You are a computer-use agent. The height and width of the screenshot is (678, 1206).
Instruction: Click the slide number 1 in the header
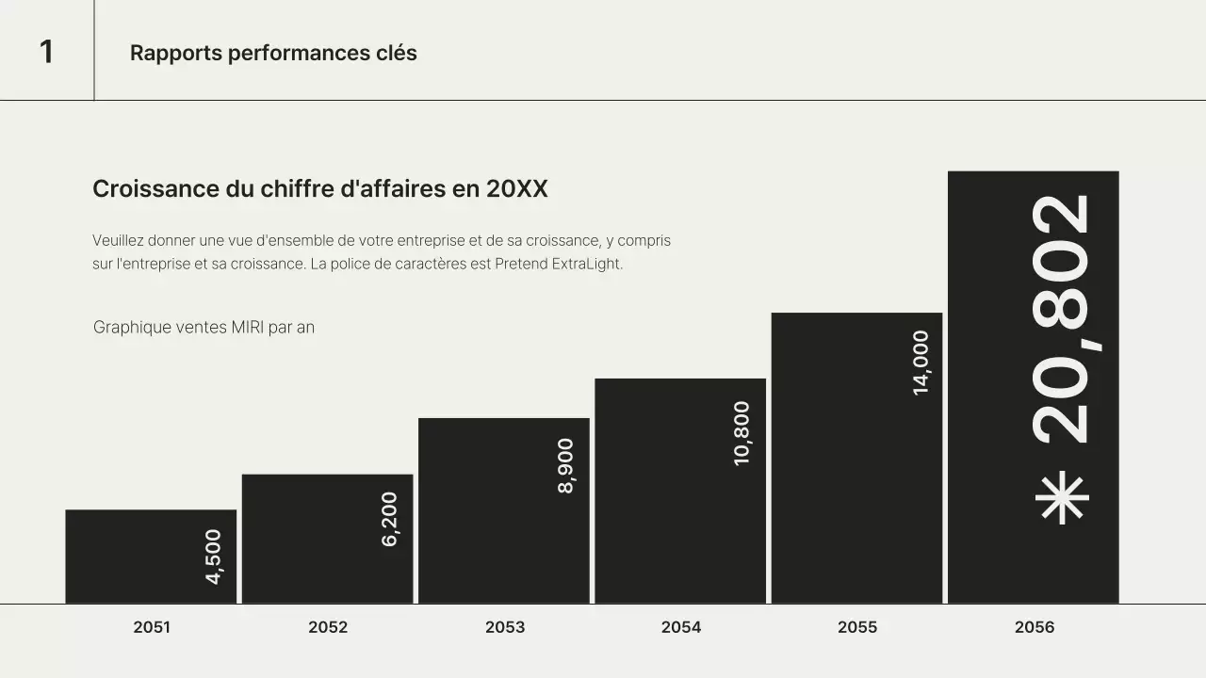click(x=46, y=52)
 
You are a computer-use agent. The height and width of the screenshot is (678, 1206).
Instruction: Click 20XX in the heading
click(x=516, y=189)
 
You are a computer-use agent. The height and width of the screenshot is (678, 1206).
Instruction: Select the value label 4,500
click(x=214, y=557)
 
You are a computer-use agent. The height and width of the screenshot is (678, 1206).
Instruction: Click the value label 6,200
click(x=390, y=519)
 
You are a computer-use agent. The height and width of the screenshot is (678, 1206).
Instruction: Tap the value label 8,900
click(x=566, y=466)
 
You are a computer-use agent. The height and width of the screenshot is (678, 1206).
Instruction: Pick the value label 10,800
click(x=742, y=433)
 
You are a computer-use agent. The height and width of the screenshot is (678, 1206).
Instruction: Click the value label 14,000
click(x=921, y=363)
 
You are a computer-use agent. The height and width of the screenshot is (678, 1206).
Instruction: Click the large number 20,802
click(x=1062, y=320)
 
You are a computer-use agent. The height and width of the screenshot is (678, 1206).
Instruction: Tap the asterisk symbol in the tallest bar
click(x=1062, y=497)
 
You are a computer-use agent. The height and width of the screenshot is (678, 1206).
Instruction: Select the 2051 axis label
click(x=152, y=627)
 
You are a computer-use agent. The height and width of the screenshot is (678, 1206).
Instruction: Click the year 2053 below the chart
click(x=505, y=627)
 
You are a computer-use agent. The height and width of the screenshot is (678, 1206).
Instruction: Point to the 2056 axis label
click(x=1035, y=627)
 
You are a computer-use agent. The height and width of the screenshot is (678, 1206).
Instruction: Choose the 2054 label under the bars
click(x=681, y=627)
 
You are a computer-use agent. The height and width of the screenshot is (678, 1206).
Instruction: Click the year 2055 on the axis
click(x=857, y=627)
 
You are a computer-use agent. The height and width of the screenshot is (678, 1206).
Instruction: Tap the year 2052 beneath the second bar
click(x=328, y=627)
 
